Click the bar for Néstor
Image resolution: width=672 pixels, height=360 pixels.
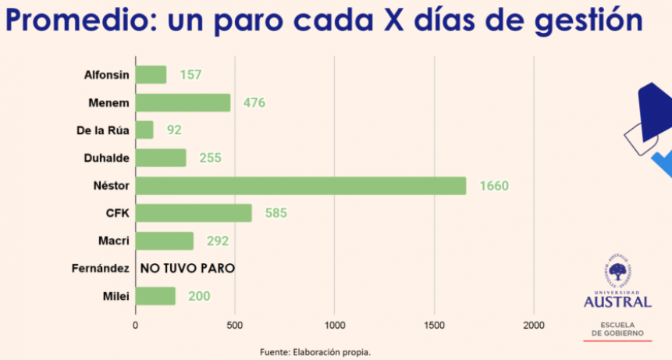[x=300, y=185]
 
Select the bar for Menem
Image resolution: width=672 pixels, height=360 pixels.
[x=183, y=103]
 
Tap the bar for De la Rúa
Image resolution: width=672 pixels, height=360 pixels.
[x=144, y=130]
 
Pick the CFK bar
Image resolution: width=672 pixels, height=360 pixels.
[x=194, y=213]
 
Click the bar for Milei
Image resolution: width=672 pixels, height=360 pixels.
[x=155, y=296]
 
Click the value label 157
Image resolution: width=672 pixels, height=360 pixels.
[x=190, y=75]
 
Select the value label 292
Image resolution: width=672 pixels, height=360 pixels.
[x=218, y=241]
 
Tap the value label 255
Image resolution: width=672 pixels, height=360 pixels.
[x=210, y=158]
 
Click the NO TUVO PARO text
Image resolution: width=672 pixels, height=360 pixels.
[x=187, y=269]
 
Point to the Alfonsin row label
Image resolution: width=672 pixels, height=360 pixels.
[x=106, y=75]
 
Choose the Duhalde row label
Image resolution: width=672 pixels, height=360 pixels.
[x=106, y=158]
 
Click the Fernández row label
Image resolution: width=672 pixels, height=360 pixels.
[x=99, y=269]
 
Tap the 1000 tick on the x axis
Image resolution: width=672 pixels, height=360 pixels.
[x=335, y=324]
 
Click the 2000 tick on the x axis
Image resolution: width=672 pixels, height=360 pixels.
[x=535, y=324]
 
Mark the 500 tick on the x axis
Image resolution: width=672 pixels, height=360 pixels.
[x=236, y=324]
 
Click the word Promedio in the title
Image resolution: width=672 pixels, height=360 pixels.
[x=73, y=21]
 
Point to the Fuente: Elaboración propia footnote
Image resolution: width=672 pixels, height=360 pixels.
[x=315, y=352]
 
